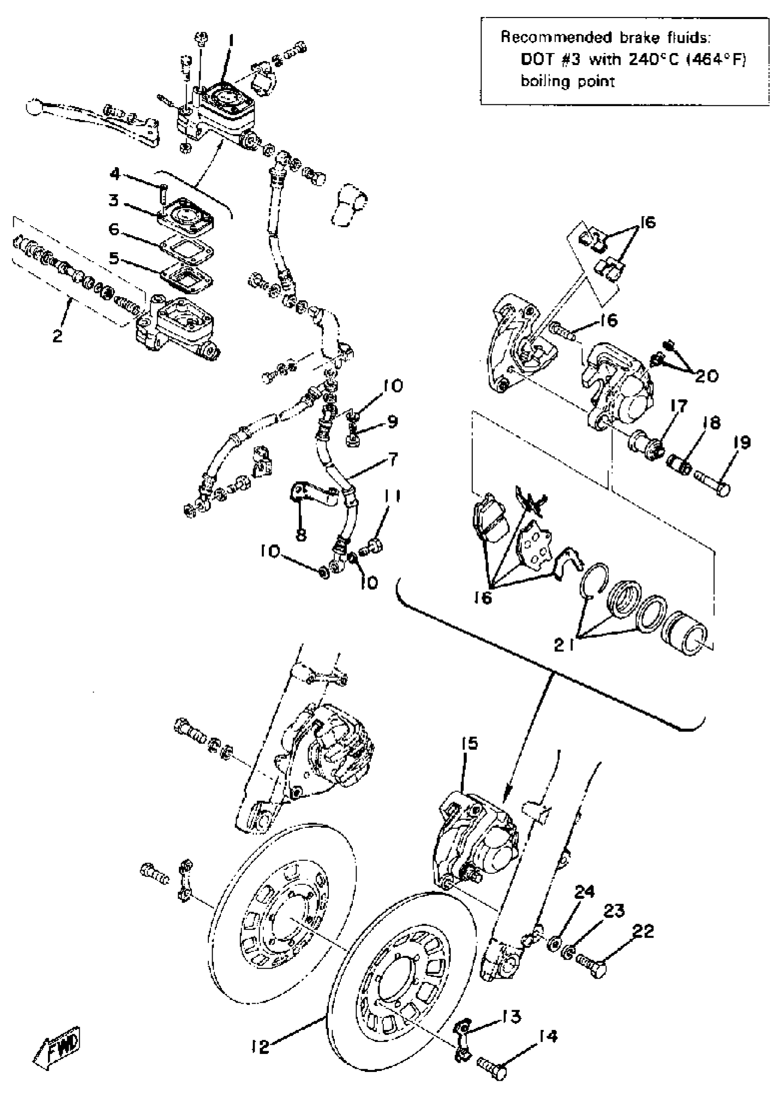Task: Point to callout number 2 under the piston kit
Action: [x=58, y=336]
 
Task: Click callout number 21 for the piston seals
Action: [x=565, y=645]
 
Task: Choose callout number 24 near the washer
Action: [x=584, y=892]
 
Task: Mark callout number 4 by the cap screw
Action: [x=114, y=174]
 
